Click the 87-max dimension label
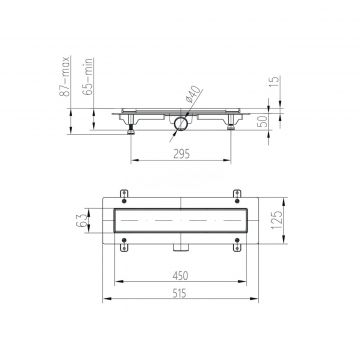click(65, 76)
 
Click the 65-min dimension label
click(89, 77)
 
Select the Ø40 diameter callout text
click(193, 94)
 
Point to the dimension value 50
click(263, 121)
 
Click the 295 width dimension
click(181, 154)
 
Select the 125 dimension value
click(276, 220)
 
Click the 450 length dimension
click(180, 275)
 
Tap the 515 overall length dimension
click(180, 293)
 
